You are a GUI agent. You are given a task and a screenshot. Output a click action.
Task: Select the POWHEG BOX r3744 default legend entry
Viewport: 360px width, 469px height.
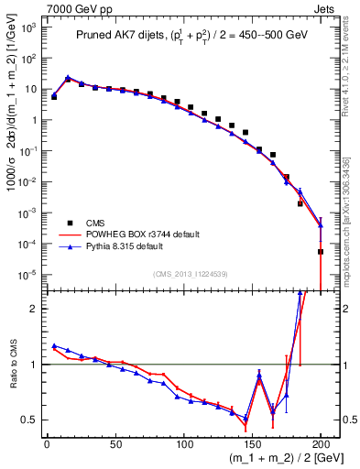point(137,234)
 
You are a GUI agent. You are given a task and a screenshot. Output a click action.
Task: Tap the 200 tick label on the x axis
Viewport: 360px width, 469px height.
point(321,443)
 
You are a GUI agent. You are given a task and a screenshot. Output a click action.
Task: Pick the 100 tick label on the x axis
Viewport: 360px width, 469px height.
point(184,443)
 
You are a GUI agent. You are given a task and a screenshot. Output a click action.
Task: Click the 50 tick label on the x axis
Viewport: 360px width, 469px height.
point(115,443)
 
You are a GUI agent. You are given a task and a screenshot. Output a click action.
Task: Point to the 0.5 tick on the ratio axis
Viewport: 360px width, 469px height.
point(30,420)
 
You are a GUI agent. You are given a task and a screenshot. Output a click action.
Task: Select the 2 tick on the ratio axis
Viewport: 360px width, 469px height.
point(35,309)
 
